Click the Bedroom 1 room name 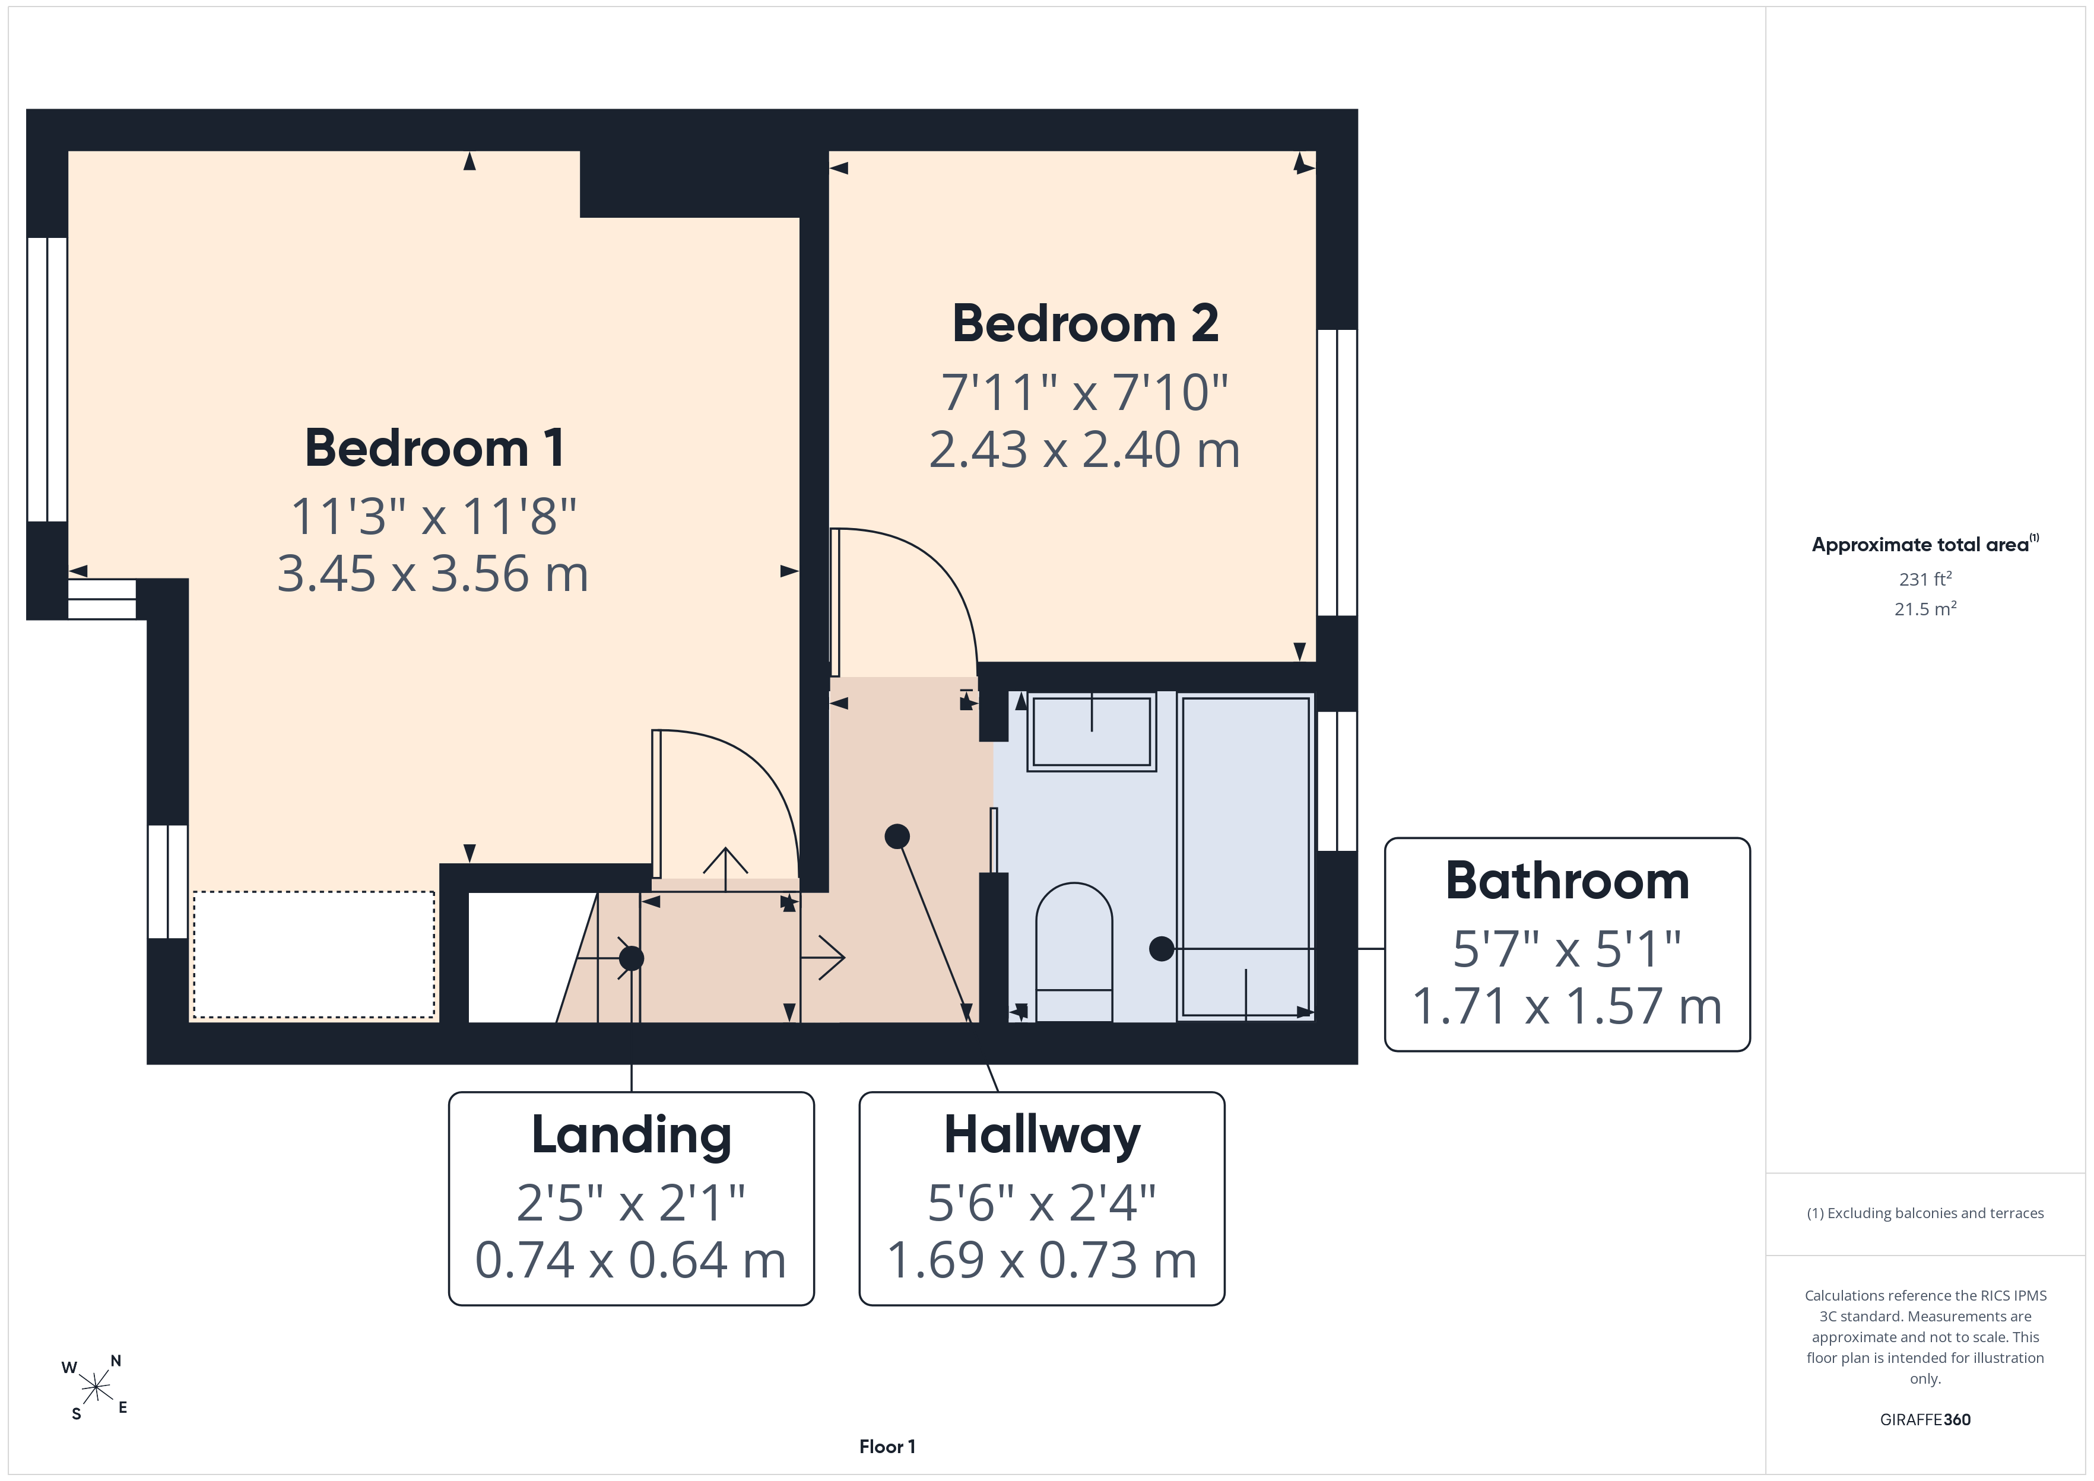(x=434, y=448)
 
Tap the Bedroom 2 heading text (x=1086, y=324)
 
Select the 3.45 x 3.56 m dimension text (x=433, y=574)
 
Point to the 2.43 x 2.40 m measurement (x=1084, y=450)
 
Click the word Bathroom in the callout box (x=1567, y=881)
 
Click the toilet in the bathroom (x=1074, y=951)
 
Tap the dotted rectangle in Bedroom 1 (x=314, y=954)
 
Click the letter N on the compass (x=116, y=1361)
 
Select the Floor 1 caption (x=887, y=1447)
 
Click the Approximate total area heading (x=1924, y=545)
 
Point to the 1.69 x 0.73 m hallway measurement (x=1042, y=1260)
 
